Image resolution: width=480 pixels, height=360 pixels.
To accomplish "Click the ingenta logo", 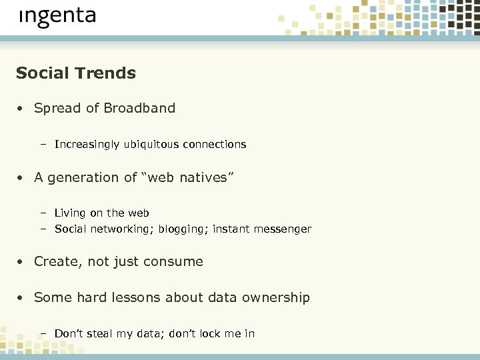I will tap(57, 16).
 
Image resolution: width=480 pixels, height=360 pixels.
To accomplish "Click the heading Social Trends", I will tap(76, 73).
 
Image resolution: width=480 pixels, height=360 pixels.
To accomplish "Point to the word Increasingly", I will tap(87, 145).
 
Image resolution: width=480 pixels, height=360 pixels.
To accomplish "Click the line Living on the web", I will tap(101, 213).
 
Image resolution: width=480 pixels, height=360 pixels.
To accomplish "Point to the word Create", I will tap(56, 261).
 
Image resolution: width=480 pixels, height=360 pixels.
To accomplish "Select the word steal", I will tap(99, 333).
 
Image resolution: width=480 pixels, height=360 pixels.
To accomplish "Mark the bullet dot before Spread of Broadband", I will tap(22, 109).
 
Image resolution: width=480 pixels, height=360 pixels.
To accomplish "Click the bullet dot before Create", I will tap(22, 262).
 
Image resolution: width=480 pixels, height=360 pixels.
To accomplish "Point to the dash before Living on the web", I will tap(42, 213).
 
